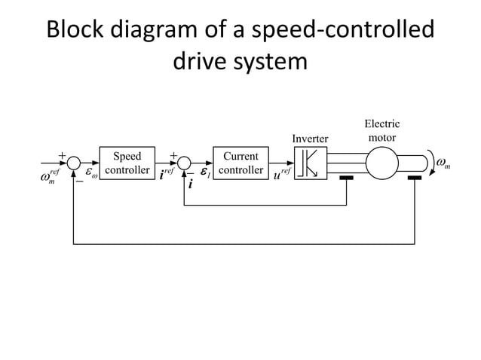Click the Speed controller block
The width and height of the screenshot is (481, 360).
pos(126,163)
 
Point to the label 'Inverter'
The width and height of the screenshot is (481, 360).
pos(309,139)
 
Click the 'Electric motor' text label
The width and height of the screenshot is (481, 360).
pos(381,130)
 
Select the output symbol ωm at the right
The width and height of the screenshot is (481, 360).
pos(444,163)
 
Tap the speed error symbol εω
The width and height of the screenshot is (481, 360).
pos(92,173)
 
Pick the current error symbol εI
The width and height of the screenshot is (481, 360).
pos(204,172)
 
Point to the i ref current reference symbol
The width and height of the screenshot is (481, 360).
pos(170,175)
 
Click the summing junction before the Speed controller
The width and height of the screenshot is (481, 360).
pos(73,163)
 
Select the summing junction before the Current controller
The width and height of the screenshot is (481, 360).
pos(185,163)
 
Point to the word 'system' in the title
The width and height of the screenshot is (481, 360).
pos(265,62)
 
